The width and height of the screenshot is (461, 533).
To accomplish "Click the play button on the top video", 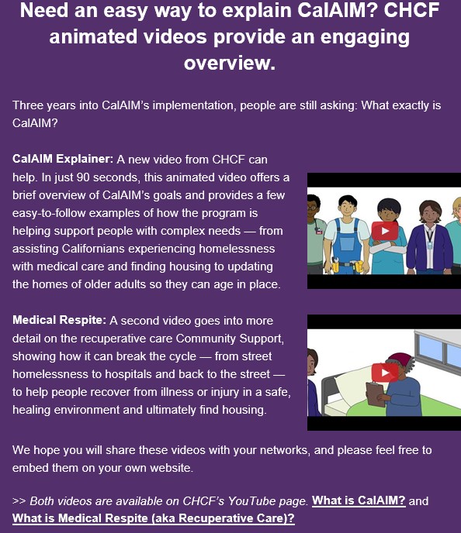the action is click(385, 231).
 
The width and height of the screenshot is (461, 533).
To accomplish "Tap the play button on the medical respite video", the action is click(385, 373).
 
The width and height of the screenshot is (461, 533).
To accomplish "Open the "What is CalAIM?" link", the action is click(359, 500).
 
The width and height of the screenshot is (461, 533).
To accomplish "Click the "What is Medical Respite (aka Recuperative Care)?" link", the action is click(153, 518).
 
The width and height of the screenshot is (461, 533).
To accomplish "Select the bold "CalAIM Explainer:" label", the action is click(63, 159).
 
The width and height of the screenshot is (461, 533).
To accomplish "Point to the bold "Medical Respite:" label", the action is click(59, 320).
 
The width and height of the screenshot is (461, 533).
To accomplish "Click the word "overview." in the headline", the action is click(230, 63).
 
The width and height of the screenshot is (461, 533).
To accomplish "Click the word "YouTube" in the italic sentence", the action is click(248, 500).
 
